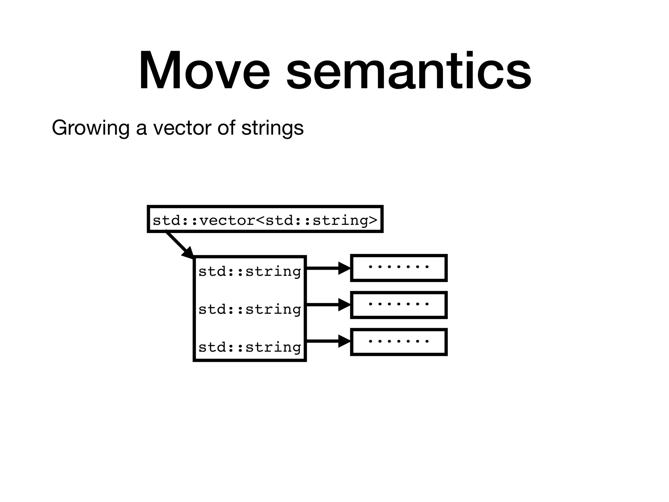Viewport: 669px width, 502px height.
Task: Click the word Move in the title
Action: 204,70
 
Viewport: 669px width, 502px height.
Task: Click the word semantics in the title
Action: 409,70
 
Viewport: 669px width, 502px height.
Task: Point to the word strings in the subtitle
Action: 272,128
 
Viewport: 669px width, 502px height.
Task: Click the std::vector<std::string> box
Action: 265,219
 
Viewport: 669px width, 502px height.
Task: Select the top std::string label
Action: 250,272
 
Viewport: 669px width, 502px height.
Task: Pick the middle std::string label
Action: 250,309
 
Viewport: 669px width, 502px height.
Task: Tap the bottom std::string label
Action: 250,347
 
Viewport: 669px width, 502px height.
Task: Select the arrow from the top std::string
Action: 327,268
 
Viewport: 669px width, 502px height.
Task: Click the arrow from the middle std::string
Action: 327,305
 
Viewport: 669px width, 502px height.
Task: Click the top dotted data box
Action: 399,268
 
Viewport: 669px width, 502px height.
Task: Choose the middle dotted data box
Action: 399,305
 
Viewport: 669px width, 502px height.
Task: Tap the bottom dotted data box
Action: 399,342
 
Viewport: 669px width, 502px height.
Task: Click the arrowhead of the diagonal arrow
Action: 189,254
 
